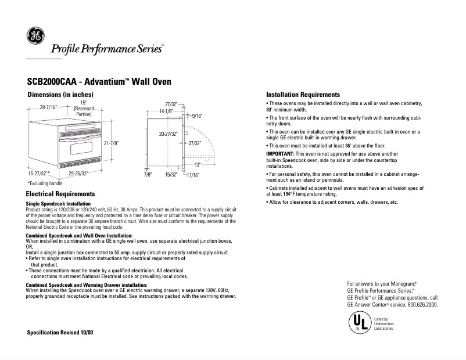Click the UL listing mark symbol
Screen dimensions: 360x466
358,322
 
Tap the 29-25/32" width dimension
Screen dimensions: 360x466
78,174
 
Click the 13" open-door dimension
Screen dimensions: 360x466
198,164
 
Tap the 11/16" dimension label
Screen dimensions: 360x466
193,174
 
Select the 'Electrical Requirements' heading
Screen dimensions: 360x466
61,193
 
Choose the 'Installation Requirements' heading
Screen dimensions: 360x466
302,95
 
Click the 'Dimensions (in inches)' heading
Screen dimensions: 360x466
60,95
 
